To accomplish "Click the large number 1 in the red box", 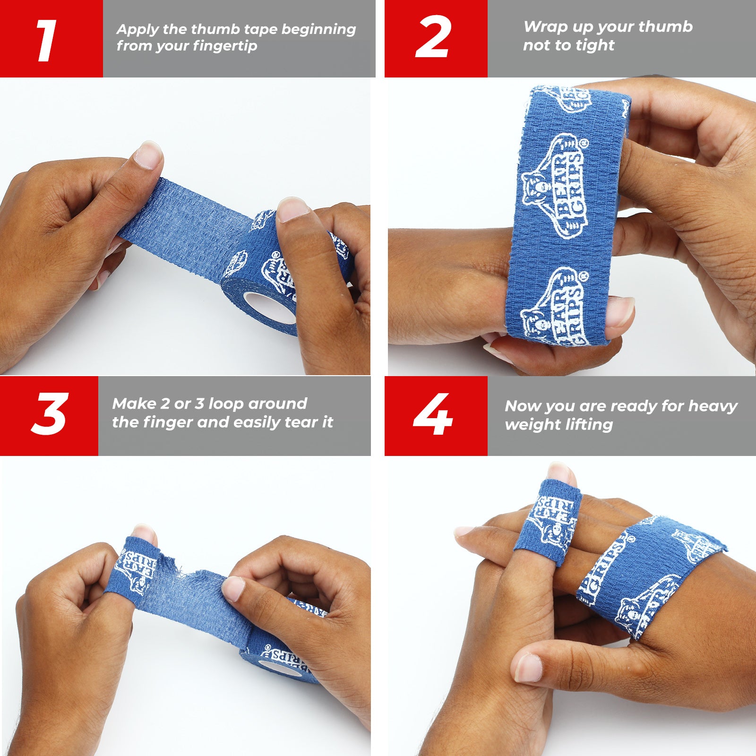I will point(47,41).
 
